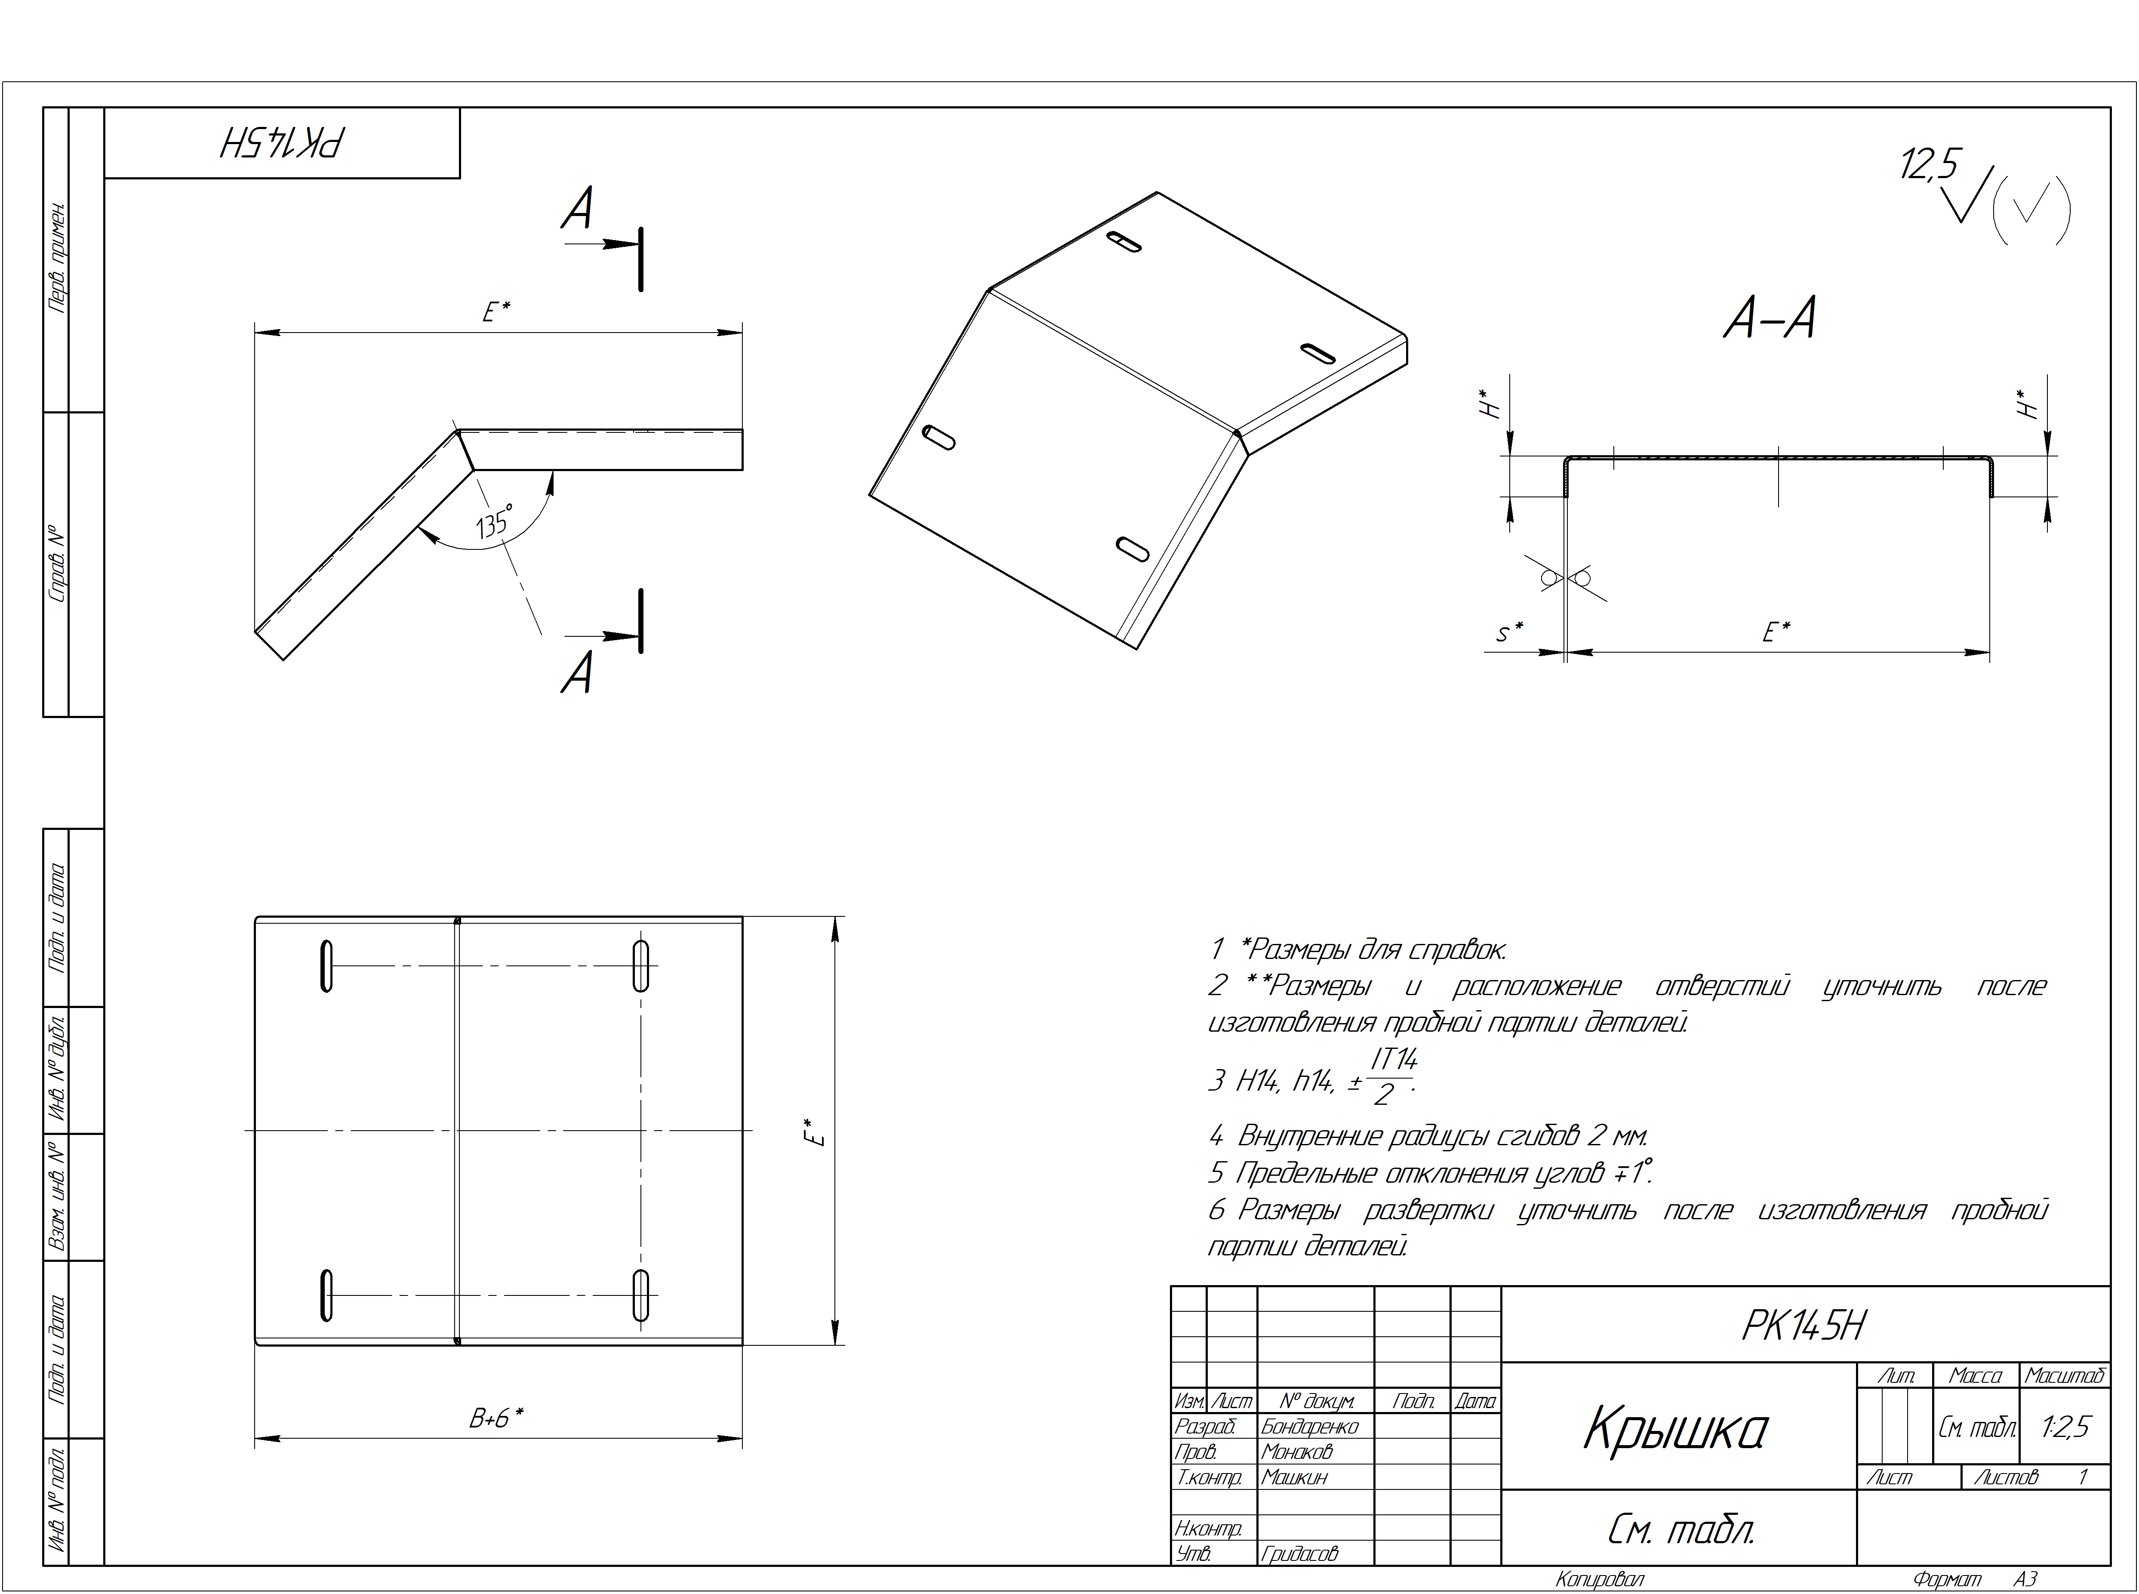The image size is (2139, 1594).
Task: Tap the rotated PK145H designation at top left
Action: [282, 143]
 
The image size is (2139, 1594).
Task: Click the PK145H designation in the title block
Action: [1804, 1326]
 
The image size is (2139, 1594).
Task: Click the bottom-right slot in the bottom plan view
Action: [640, 1295]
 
